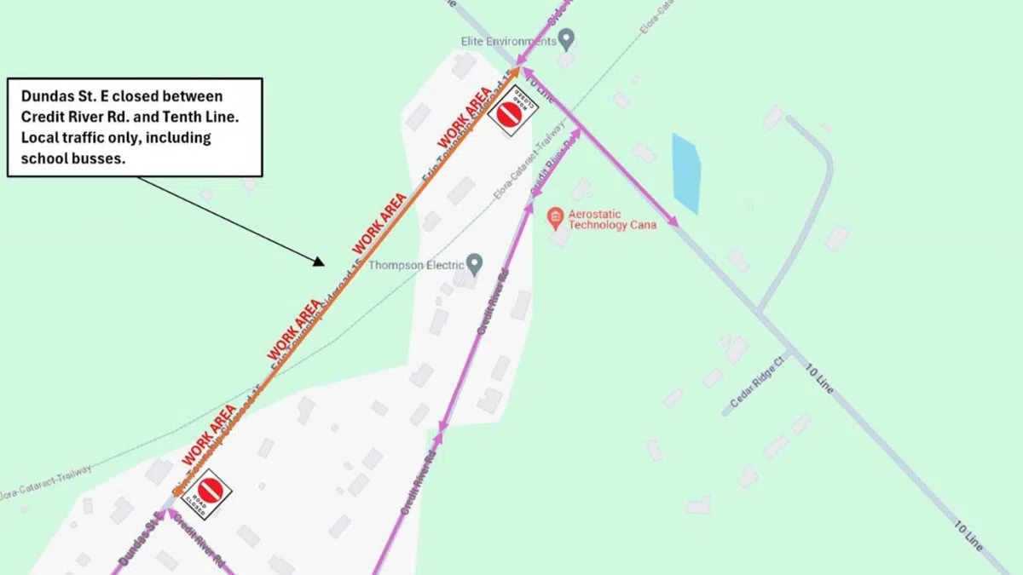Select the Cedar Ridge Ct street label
[x=758, y=384]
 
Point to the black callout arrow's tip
[x=324, y=265]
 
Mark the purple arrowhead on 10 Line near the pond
[x=674, y=223]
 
